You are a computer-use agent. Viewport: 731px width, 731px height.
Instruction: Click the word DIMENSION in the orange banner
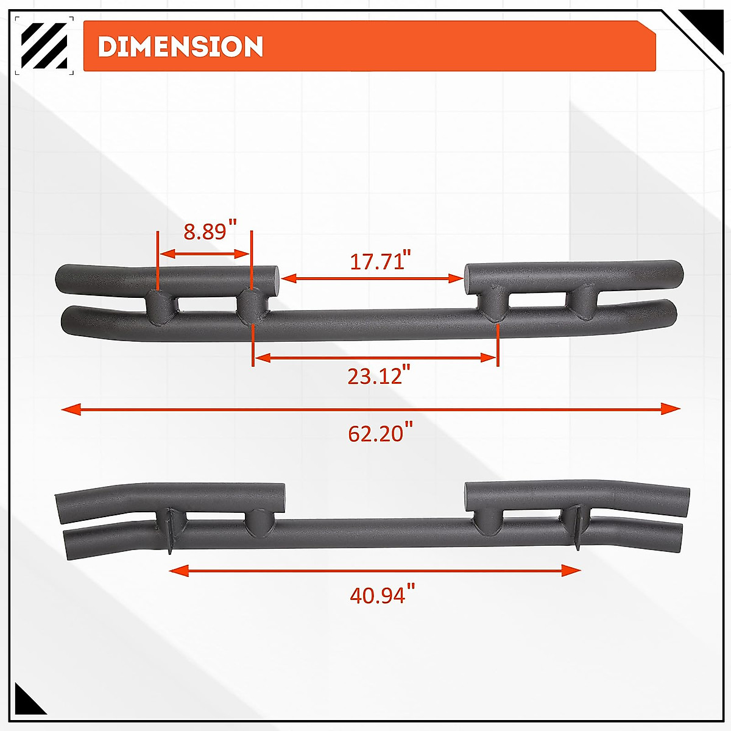(180, 47)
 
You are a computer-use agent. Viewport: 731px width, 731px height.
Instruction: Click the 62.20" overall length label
(376, 434)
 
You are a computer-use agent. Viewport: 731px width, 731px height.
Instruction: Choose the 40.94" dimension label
(378, 595)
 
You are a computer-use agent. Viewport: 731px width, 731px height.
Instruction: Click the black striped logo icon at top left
(44, 46)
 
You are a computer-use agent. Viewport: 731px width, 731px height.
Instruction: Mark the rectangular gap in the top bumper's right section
(539, 299)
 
